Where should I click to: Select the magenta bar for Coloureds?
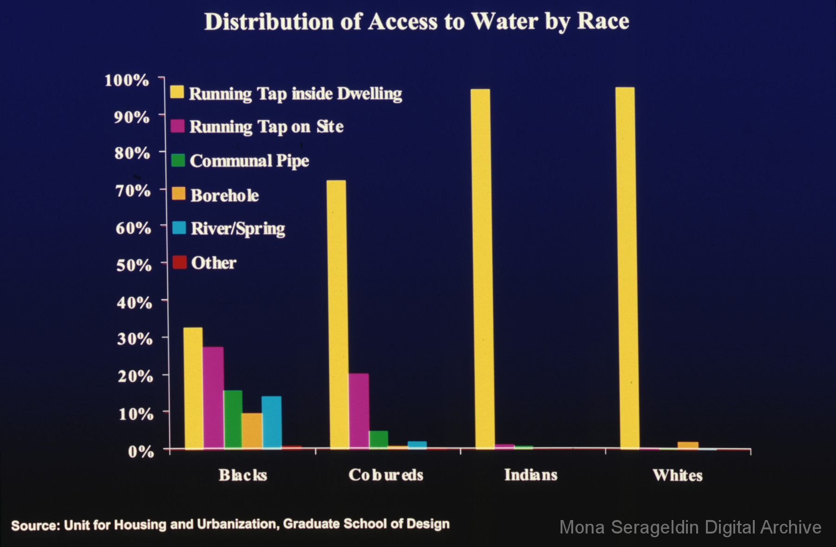(x=359, y=411)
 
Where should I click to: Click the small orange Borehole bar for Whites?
(x=687, y=445)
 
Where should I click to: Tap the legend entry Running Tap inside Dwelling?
(x=295, y=94)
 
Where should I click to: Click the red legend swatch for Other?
(x=179, y=262)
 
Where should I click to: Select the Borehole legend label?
(x=224, y=195)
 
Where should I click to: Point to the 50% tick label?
(x=134, y=265)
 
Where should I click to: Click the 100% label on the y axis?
(x=127, y=80)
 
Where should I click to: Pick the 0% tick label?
(x=141, y=451)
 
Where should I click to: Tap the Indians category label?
(x=530, y=475)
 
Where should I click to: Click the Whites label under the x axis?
(x=677, y=475)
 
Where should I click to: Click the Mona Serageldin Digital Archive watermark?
(x=690, y=527)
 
